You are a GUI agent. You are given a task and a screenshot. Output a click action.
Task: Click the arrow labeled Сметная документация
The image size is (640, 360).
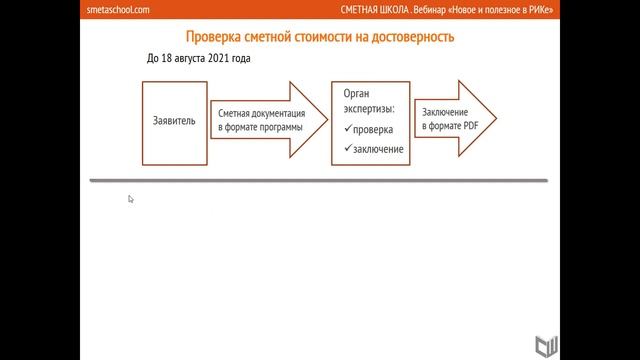click(264, 122)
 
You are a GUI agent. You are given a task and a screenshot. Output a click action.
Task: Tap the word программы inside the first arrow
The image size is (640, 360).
click(279, 128)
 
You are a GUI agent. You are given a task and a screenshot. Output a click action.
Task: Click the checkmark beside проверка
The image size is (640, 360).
click(346, 129)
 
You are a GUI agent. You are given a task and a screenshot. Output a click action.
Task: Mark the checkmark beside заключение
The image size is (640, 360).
click(346, 148)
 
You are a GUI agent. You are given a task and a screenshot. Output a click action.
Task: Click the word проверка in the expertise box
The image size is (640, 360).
click(373, 130)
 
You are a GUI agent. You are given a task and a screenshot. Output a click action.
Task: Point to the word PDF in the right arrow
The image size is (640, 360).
click(470, 128)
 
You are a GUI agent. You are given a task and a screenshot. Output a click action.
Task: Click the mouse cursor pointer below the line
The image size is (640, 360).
click(131, 199)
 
